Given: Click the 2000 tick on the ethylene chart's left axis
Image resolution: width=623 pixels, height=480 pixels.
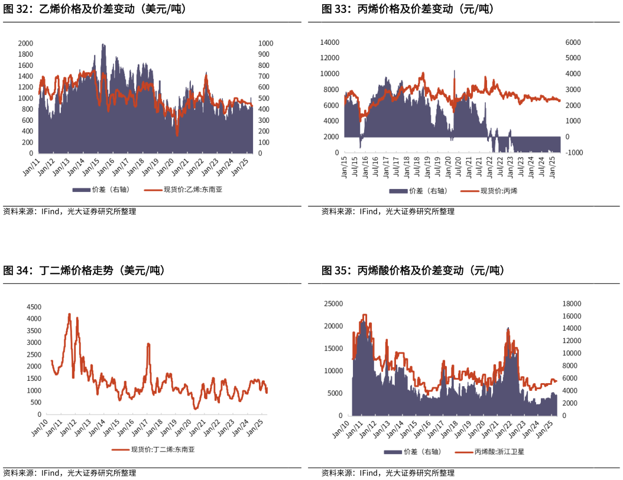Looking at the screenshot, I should tap(25, 44).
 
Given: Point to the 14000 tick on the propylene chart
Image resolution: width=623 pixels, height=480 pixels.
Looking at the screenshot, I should tap(329, 43).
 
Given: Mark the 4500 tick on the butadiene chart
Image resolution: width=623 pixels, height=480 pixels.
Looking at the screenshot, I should tap(33, 307).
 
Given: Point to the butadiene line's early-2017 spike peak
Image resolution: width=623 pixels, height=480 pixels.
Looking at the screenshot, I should tap(148, 344).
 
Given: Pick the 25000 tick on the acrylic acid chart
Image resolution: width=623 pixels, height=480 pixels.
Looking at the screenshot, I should tap(333, 303).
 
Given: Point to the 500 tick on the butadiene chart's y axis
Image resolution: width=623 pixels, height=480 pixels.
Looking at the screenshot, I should tap(35, 403).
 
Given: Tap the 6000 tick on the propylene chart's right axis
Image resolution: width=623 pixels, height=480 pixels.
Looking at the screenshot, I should tap(573, 43).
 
